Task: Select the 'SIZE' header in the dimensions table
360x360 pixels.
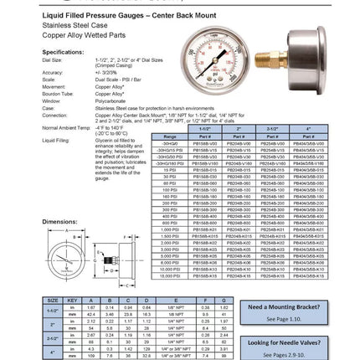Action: click(52, 299)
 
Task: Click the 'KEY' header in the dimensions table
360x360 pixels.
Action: click(72, 299)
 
